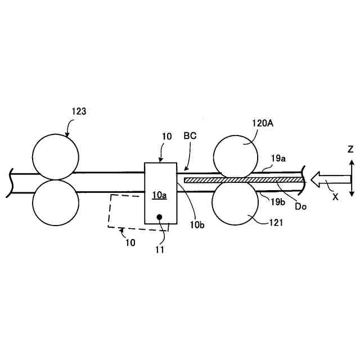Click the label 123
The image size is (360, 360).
pyautogui.click(x=79, y=111)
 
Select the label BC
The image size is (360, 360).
pyautogui.click(x=190, y=136)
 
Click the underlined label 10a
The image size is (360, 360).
pyautogui.click(x=160, y=195)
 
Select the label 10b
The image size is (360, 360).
pyautogui.click(x=197, y=226)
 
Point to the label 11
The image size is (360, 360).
pyautogui.click(x=160, y=249)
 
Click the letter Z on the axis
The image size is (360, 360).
pyautogui.click(x=350, y=149)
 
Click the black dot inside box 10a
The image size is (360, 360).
pyautogui.click(x=160, y=217)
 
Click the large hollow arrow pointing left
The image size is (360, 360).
pyautogui.click(x=329, y=180)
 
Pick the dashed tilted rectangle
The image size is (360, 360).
pyautogui.click(x=127, y=211)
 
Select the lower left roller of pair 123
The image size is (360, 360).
pyautogui.click(x=56, y=203)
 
